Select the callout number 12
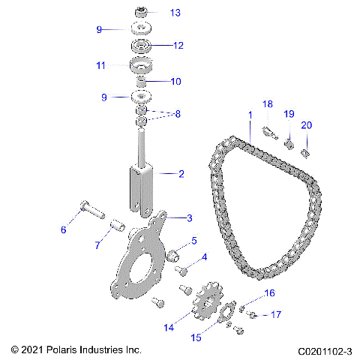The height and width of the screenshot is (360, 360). (178, 45)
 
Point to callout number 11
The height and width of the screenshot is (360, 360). (100, 65)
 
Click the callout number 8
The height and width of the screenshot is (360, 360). (178, 114)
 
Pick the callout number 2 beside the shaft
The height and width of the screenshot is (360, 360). (181, 173)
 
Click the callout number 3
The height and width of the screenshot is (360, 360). (189, 217)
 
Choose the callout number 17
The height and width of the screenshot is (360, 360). (275, 314)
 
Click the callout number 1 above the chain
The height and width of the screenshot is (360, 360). (249, 115)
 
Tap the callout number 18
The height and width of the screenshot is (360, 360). (267, 103)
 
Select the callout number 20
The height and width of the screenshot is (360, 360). (305, 124)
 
